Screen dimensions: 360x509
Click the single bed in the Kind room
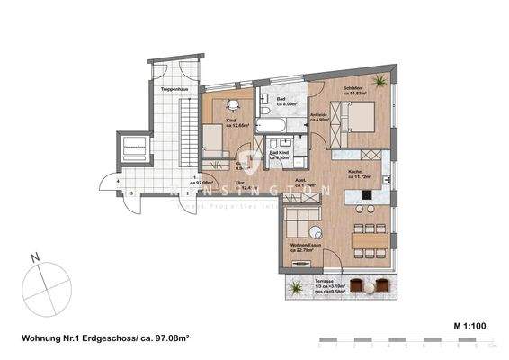(213, 140)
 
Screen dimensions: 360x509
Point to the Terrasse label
(335, 282)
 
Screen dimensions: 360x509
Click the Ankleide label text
(317, 113)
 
